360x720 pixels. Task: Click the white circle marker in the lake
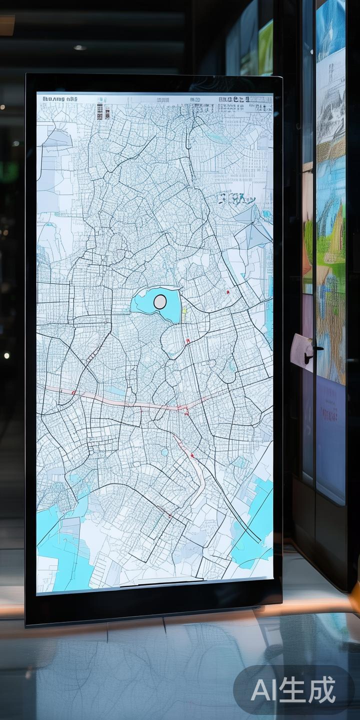pyautogui.click(x=160, y=301)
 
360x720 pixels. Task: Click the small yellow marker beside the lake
pyautogui.click(x=184, y=311)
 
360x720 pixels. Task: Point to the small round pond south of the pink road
pyautogui.click(x=164, y=452)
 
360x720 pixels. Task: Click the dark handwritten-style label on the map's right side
pyautogui.click(x=236, y=200)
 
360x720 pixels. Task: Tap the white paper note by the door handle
pyautogui.click(x=300, y=345)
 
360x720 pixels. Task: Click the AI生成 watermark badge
pyautogui.click(x=293, y=690)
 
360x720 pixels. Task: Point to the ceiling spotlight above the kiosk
pyautogui.click(x=79, y=47)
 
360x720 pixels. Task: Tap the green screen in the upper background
pyautogui.click(x=265, y=47)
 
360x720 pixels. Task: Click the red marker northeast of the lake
pyautogui.click(x=228, y=292)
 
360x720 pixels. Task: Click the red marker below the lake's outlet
pyautogui.click(x=188, y=341)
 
